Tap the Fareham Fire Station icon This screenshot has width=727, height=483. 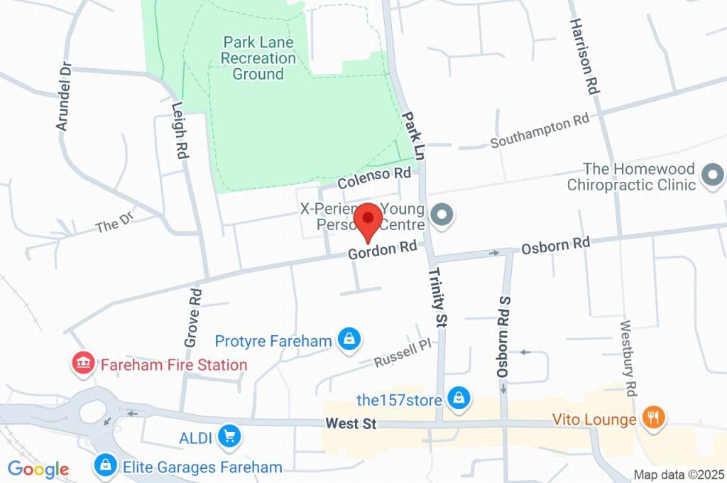point(84,364)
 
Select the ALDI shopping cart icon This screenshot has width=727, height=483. point(229,437)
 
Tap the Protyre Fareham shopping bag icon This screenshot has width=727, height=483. point(349,340)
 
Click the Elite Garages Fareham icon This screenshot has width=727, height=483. point(105,467)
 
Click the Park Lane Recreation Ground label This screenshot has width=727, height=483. point(258,58)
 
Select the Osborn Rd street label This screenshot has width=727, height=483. point(556,244)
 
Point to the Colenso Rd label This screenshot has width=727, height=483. point(374,178)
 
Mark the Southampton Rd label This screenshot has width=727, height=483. point(540,132)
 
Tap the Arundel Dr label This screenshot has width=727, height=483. point(64,97)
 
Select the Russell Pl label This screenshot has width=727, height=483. point(403,353)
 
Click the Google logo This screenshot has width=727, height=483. point(38,469)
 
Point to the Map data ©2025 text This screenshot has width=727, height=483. point(679,474)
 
